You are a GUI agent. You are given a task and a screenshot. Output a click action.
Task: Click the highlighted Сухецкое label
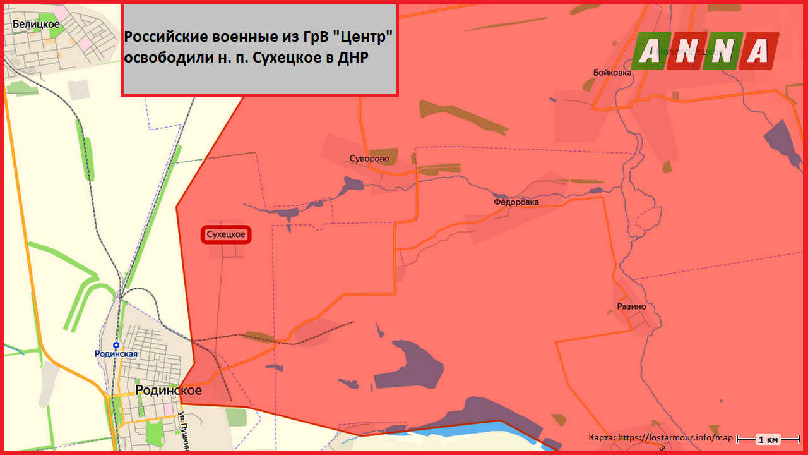(226, 235)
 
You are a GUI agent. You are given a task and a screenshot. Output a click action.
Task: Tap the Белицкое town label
(36, 24)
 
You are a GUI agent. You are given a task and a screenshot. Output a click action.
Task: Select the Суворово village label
(369, 159)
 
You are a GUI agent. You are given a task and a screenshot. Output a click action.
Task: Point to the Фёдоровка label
(516, 202)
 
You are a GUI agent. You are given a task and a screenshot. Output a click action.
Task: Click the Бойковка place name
(612, 73)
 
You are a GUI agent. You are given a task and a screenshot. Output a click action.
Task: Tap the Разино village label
(631, 306)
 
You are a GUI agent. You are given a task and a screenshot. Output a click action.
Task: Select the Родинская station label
(116, 354)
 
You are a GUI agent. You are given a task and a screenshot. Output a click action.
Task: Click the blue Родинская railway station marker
(116, 344)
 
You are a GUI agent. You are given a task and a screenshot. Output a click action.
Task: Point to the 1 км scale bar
(768, 439)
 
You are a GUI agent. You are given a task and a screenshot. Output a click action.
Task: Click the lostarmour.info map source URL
(675, 437)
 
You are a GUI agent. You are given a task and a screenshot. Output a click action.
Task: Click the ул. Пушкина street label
(184, 433)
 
